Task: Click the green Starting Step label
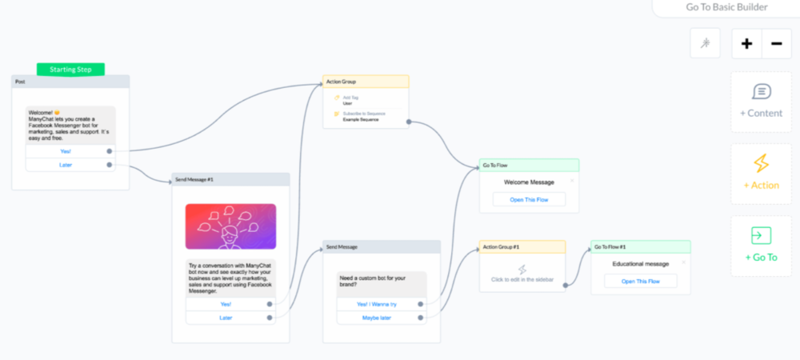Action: click(70, 70)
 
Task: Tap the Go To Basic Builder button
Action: click(726, 7)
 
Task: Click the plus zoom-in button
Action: click(746, 43)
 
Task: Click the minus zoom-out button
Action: click(776, 43)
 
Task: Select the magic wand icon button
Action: click(705, 43)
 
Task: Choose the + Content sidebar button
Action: click(761, 102)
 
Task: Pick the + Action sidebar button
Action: click(761, 174)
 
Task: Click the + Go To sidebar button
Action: click(761, 246)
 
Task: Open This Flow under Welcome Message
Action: click(529, 199)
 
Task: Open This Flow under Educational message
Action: click(640, 281)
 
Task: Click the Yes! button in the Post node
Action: click(66, 150)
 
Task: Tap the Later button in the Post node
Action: click(66, 164)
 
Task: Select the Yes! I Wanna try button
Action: click(378, 304)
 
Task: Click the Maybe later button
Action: click(378, 318)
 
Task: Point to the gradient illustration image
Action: click(230, 226)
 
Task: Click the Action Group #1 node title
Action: click(502, 246)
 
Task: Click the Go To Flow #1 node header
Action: click(610, 246)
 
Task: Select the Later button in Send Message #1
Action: click(226, 318)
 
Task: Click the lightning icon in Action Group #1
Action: click(522, 270)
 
